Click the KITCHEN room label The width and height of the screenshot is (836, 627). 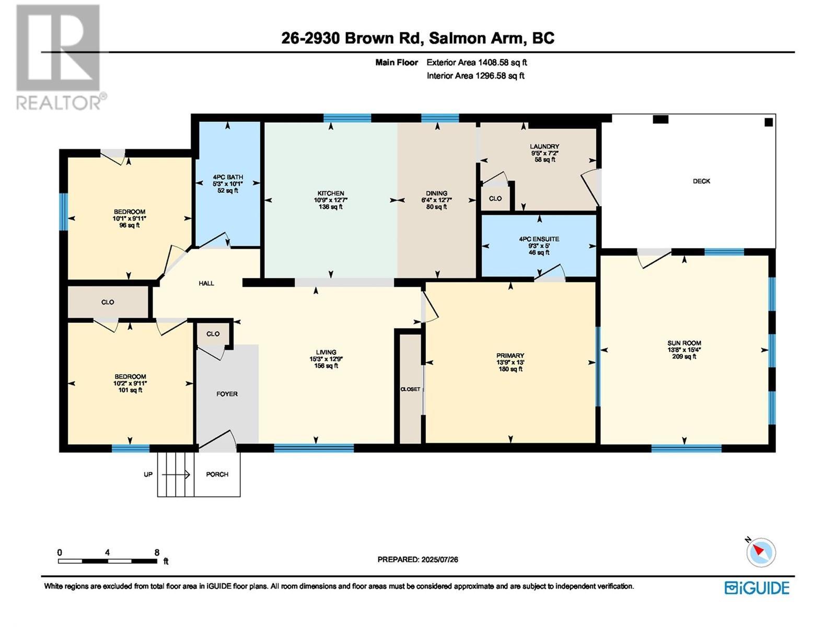tap(331, 193)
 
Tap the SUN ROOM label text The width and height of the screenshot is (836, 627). tap(684, 343)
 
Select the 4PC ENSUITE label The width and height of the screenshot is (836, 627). tap(539, 239)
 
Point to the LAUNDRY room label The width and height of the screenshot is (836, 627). tap(544, 147)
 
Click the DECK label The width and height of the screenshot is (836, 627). tap(701, 181)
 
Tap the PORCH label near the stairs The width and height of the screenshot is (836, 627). tap(217, 474)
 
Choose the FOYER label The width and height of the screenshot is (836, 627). tap(227, 394)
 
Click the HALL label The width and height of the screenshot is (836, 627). tap(206, 283)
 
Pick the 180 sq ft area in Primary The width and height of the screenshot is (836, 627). tap(510, 369)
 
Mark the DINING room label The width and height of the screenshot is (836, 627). tap(437, 193)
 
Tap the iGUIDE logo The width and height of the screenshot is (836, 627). tap(757, 588)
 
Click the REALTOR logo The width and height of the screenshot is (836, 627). tap(59, 57)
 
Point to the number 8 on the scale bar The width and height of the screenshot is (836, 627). tap(157, 552)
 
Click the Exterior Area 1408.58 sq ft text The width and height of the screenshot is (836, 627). tap(477, 63)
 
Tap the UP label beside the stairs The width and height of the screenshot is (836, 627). tap(148, 474)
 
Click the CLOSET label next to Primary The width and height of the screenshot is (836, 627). tap(410, 389)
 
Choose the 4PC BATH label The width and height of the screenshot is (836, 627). tap(228, 177)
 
